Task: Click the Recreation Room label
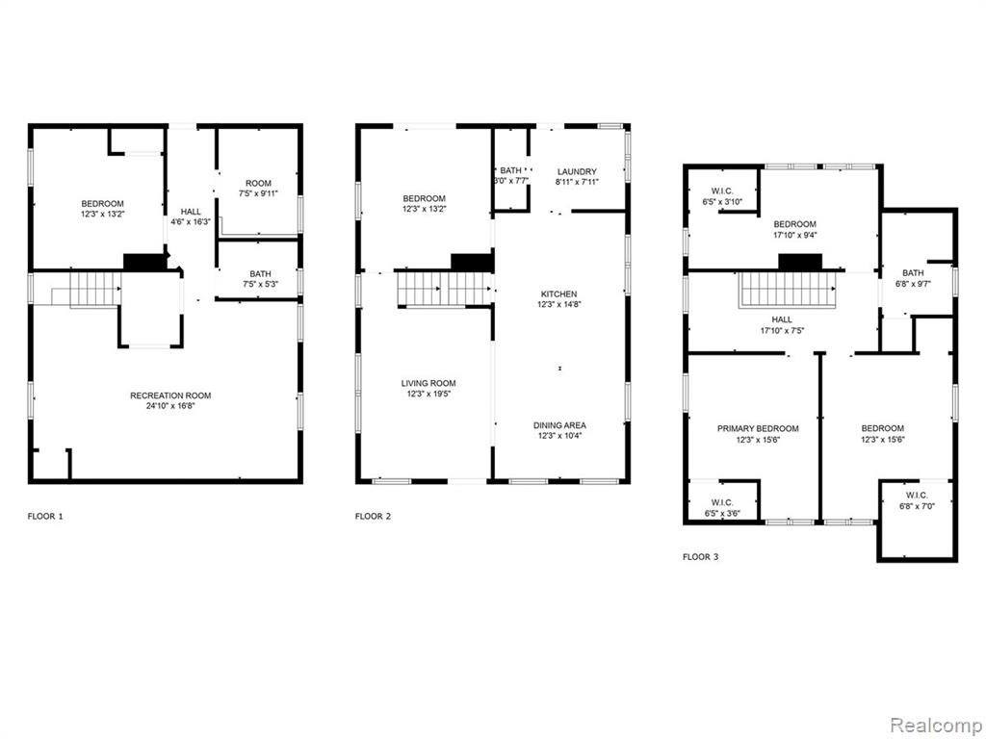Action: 170,395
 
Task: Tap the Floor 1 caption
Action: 45,517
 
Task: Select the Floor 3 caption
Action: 700,557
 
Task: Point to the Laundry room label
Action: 577,171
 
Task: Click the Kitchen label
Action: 559,294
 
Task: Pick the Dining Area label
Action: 559,425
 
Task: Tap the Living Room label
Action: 428,383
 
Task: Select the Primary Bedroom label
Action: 758,428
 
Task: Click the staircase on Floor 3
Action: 788,289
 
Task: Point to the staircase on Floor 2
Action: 445,289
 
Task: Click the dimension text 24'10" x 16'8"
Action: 170,406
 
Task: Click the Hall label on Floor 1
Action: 191,212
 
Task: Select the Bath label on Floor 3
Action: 913,272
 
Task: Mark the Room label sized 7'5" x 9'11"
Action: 258,183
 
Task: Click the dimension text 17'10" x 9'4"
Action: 794,235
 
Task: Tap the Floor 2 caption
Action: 373,517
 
